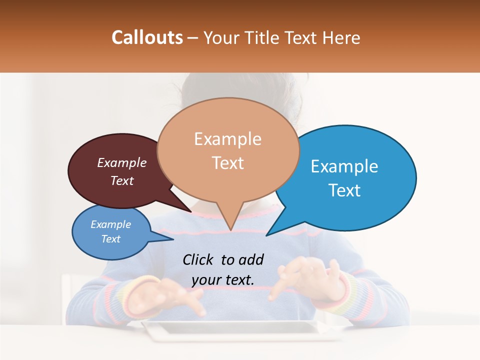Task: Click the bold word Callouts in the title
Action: [147, 37]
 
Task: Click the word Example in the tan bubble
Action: [227, 139]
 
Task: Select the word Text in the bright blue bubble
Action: [344, 190]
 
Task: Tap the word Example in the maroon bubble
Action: [122, 162]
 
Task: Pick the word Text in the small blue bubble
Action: [111, 239]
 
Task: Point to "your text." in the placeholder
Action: [222, 280]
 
